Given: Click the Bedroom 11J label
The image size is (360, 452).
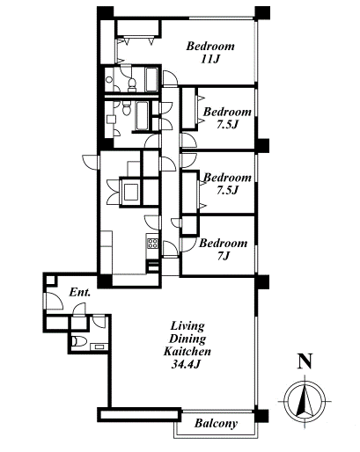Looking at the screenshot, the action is pyautogui.click(x=210, y=53).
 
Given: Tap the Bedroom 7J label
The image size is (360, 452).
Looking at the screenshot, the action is pyautogui.click(x=223, y=250).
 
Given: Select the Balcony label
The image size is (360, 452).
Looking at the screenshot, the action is pyautogui.click(x=216, y=424).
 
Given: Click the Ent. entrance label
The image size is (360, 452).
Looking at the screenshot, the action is pyautogui.click(x=80, y=292).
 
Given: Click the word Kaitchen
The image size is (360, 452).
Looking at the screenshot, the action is pyautogui.click(x=187, y=351).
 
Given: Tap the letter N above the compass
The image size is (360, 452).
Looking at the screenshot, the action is pyautogui.click(x=305, y=361).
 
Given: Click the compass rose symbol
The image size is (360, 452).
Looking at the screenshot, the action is pyautogui.click(x=305, y=401).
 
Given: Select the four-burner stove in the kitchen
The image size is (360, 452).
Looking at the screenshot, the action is pyautogui.click(x=152, y=244).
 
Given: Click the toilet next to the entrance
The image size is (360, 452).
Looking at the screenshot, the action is pyautogui.click(x=79, y=341).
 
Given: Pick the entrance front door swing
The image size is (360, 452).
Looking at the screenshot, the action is pyautogui.click(x=54, y=301).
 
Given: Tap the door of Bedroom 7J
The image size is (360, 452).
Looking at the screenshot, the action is pyautogui.click(x=188, y=244).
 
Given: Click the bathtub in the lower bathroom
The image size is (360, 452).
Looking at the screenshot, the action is pyautogui.click(x=142, y=115).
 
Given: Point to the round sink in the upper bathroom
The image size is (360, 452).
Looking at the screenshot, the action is pyautogui.click(x=109, y=79).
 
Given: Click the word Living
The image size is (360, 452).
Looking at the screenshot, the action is pyautogui.click(x=187, y=326).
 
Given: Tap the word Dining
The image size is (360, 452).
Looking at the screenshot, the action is pyautogui.click(x=187, y=339).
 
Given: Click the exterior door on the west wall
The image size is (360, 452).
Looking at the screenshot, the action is pyautogui.click(x=91, y=161).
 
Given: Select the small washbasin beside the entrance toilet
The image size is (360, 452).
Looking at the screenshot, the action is pyautogui.click(x=99, y=346).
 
